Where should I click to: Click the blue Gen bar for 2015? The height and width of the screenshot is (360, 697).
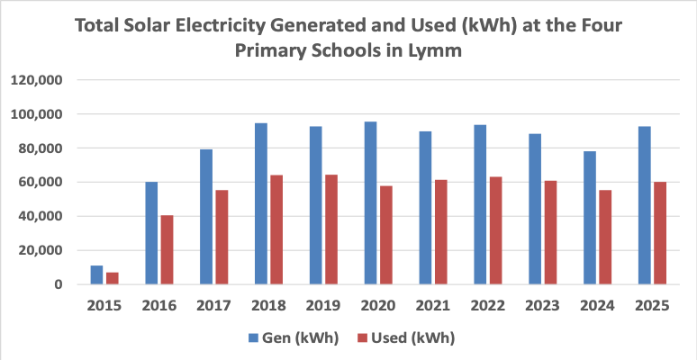click(x=96, y=275)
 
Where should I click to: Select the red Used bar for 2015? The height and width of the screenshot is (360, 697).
click(x=113, y=278)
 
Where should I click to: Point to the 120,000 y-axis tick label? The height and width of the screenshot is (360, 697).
click(x=35, y=80)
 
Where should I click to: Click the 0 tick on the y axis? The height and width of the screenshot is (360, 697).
click(x=56, y=284)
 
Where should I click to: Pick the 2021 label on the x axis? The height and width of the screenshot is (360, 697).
click(x=431, y=306)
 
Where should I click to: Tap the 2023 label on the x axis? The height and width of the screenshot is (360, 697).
click(x=541, y=306)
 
